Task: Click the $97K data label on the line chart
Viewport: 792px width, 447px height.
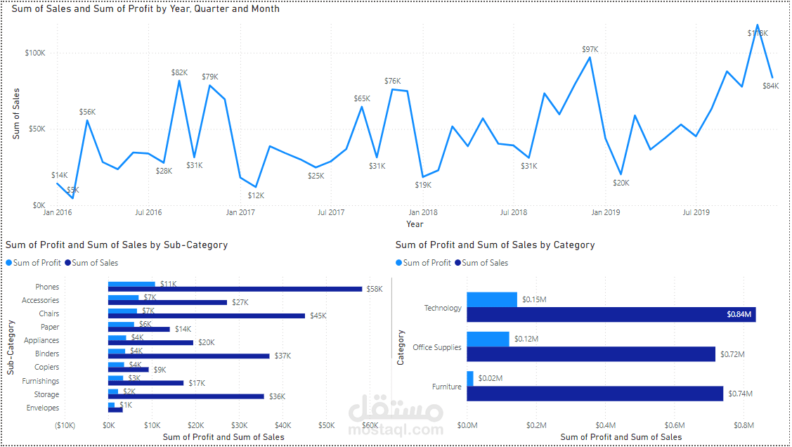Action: tap(590, 49)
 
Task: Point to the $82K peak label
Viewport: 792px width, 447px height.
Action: tap(179, 72)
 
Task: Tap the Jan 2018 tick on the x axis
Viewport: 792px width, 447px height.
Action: tap(423, 212)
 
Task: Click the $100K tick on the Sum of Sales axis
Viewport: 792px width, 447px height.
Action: tap(34, 53)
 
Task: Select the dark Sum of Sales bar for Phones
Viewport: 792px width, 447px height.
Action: tap(235, 289)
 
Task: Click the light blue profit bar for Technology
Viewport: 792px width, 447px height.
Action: tap(492, 299)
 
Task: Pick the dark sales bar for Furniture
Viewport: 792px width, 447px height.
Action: tap(595, 394)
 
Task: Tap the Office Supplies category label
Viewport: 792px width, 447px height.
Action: tap(437, 347)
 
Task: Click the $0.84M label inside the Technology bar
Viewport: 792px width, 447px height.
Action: tap(739, 315)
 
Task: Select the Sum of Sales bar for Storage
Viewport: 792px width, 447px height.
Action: tap(186, 396)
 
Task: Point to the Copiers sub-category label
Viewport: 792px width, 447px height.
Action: tap(47, 368)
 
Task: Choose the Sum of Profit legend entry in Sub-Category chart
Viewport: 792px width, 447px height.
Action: tap(34, 263)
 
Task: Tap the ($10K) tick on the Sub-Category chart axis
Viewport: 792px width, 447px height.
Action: tap(65, 425)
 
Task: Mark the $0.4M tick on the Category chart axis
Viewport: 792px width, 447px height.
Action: tap(605, 425)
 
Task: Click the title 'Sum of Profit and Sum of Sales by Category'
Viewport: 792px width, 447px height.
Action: tap(495, 245)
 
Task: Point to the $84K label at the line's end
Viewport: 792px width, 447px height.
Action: tap(771, 86)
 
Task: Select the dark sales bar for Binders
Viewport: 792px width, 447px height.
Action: tap(188, 356)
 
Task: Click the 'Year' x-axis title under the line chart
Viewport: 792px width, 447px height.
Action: tap(415, 224)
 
